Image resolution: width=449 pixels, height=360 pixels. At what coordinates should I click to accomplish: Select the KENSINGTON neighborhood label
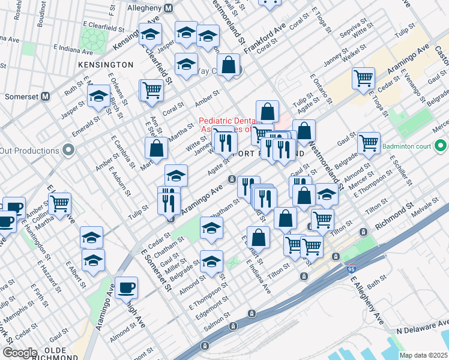click(105, 64)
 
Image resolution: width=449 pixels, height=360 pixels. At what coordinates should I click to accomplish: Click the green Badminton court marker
click(441, 145)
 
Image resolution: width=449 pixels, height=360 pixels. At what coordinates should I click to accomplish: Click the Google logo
click(20, 353)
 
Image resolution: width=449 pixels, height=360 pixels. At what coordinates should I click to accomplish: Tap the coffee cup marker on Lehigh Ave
click(127, 287)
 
